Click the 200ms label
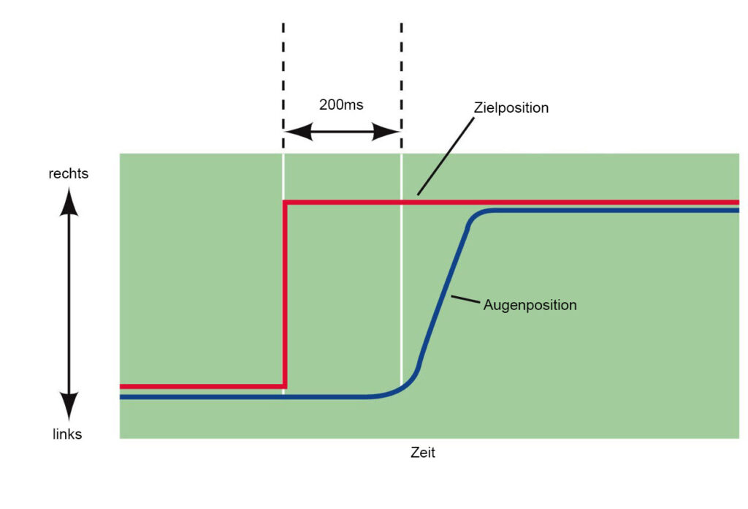click(x=341, y=105)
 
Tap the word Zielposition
click(x=511, y=108)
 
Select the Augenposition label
click(x=530, y=305)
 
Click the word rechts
click(x=69, y=173)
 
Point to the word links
click(x=67, y=434)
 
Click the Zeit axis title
click(x=423, y=452)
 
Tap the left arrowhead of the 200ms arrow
click(x=298, y=132)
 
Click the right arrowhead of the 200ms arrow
click(x=386, y=132)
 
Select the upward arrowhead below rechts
click(x=69, y=202)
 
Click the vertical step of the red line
click(x=285, y=294)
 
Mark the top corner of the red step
click(x=286, y=203)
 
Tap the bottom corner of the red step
click(x=285, y=386)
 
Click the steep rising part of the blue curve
click(x=443, y=298)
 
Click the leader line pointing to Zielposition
click(x=446, y=157)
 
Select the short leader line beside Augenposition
click(x=465, y=299)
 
